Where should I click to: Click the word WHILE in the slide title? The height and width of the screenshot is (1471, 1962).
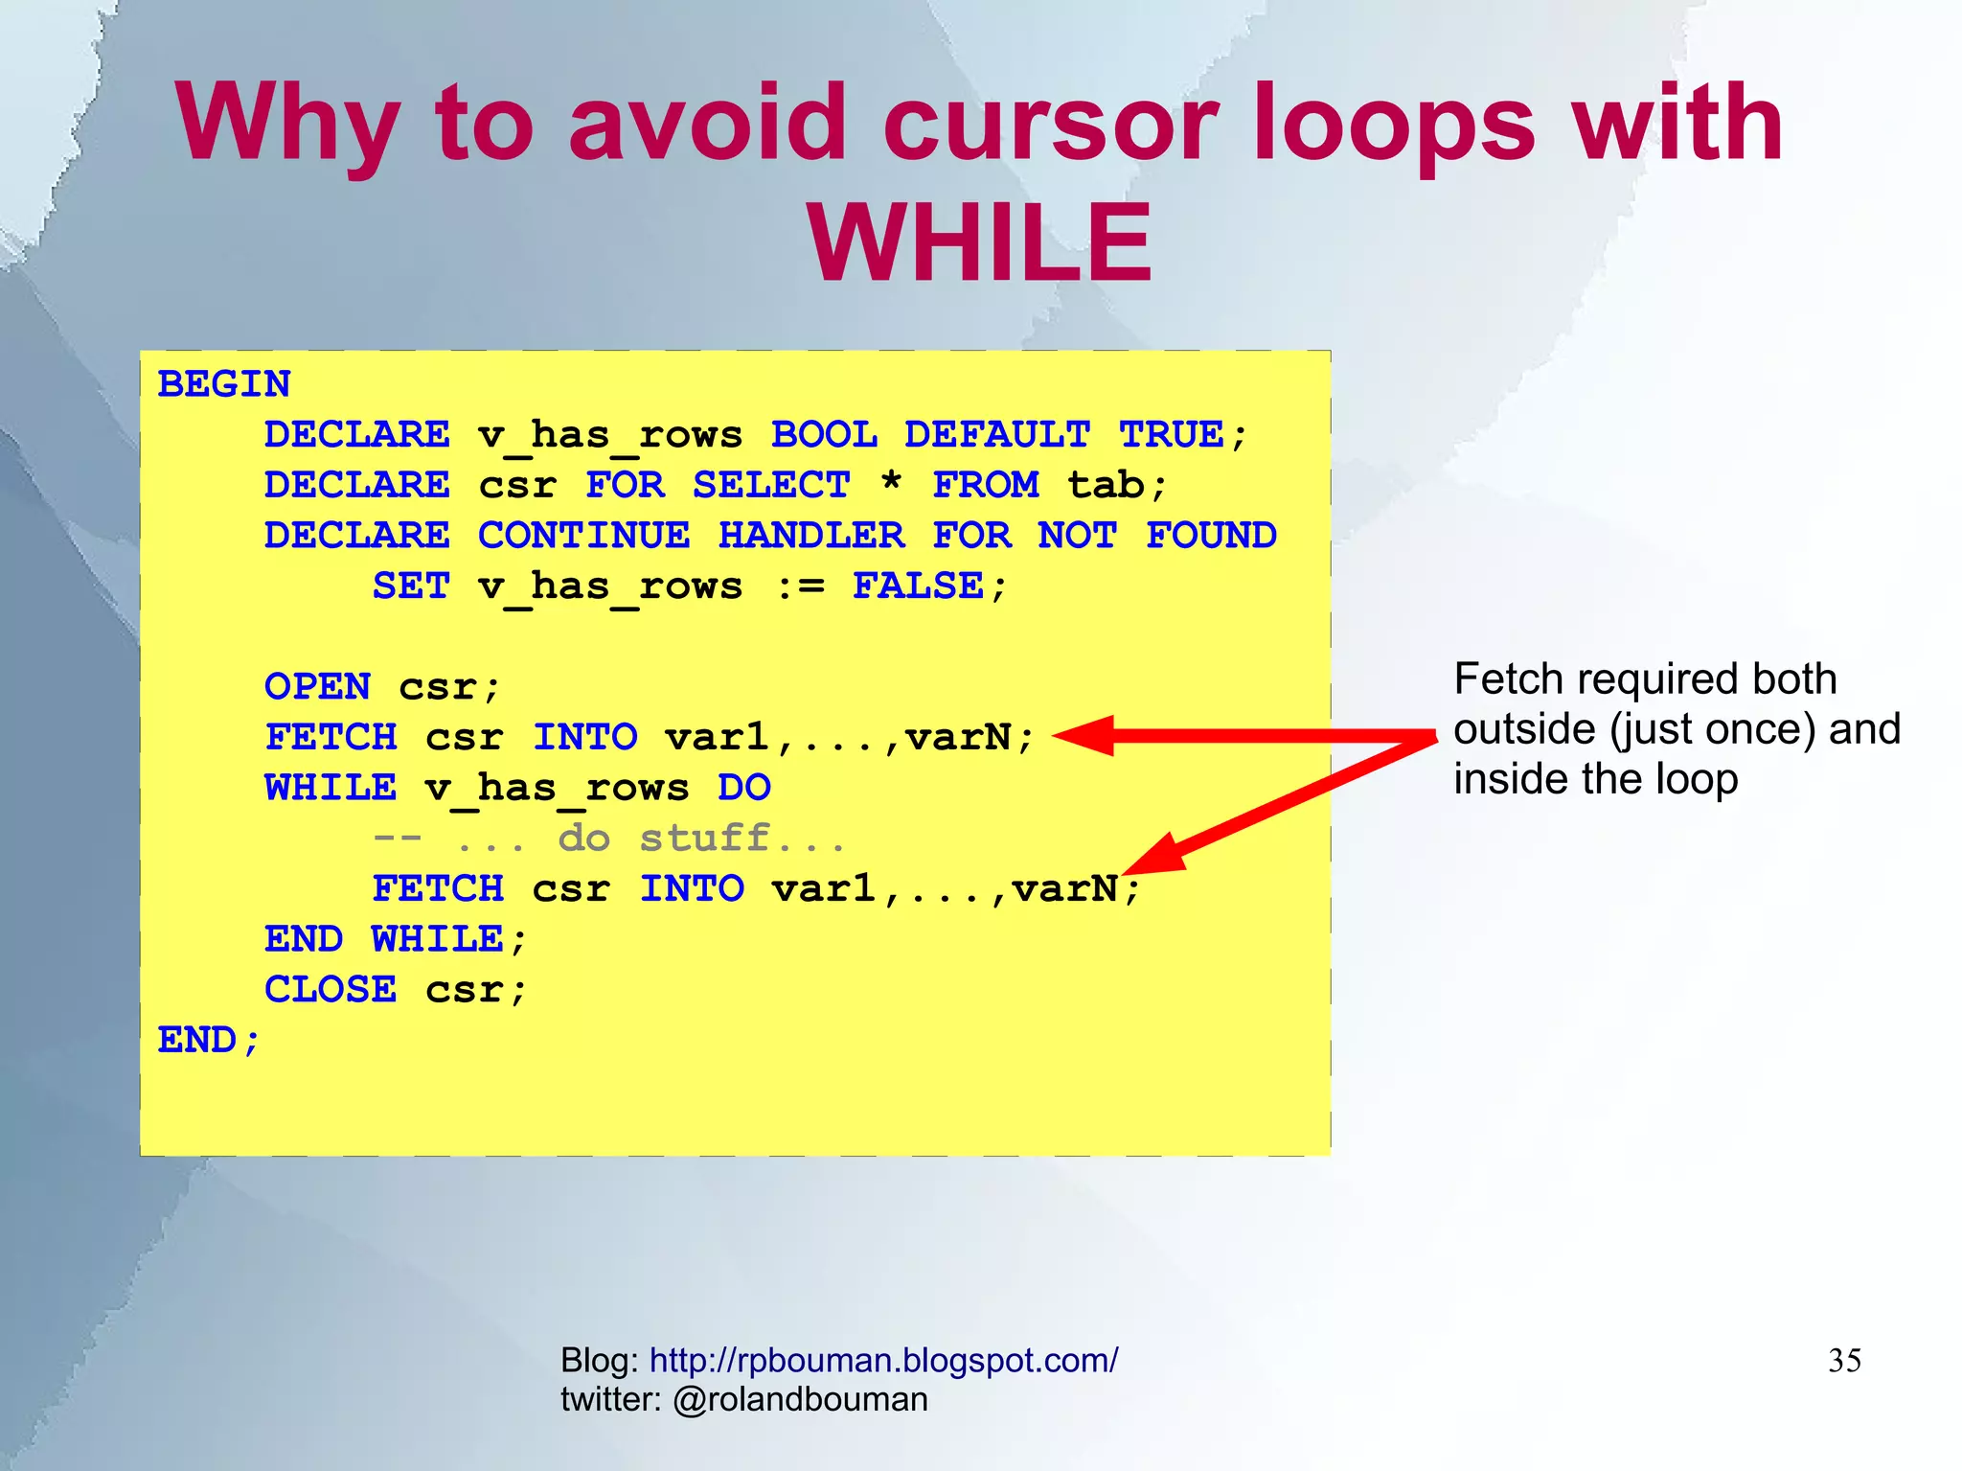(979, 243)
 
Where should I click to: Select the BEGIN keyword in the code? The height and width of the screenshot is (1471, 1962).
(224, 384)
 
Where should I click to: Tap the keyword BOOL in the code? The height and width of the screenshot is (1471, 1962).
(824, 435)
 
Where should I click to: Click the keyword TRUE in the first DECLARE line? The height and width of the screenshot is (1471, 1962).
(1171, 435)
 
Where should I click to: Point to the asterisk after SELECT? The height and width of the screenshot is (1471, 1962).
(891, 482)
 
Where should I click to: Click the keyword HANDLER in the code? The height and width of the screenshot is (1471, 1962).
(810, 536)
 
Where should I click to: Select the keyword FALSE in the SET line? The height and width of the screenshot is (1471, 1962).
(918, 586)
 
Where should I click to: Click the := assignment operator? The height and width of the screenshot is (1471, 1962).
(799, 586)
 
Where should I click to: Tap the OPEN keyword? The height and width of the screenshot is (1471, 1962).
(317, 687)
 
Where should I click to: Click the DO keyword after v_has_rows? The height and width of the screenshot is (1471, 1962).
(744, 788)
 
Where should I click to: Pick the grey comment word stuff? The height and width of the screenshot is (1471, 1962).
(704, 839)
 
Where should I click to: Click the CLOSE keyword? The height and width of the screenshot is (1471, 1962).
(331, 990)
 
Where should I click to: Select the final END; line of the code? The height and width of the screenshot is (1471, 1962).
(209, 1041)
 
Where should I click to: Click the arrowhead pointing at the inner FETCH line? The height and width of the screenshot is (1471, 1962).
(1155, 856)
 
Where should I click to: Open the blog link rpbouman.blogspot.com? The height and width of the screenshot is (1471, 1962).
(883, 1361)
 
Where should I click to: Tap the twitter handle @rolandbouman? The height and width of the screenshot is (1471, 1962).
(800, 1400)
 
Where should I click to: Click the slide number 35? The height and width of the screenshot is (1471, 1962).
(1844, 1361)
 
